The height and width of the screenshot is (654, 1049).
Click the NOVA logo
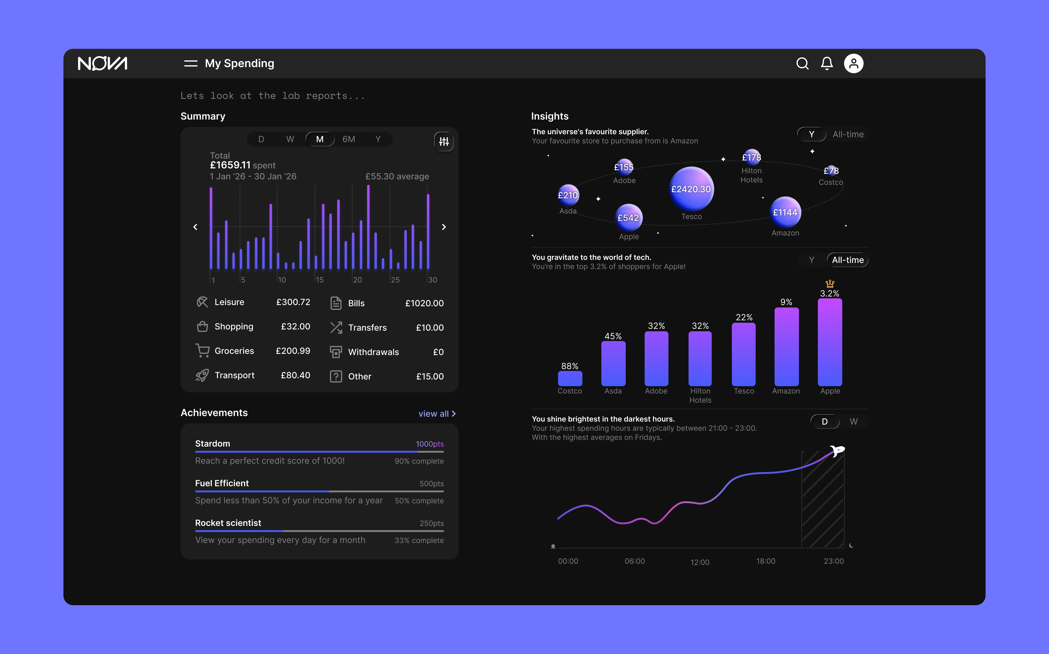(102, 64)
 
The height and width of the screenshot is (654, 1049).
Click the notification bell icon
(827, 64)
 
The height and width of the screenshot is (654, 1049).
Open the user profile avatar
(854, 64)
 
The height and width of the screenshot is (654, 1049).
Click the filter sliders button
(444, 142)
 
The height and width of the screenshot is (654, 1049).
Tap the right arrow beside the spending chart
(444, 227)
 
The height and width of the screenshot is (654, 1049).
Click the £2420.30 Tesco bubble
(691, 189)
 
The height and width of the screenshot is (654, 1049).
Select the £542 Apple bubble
(628, 218)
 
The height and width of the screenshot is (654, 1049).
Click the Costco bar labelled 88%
(570, 378)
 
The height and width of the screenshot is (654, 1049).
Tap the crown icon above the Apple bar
(830, 284)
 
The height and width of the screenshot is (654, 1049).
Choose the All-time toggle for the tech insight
(848, 260)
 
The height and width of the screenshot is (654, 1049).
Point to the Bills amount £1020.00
(424, 303)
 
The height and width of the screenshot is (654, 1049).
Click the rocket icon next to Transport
(202, 375)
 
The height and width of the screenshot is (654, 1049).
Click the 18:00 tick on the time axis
(766, 561)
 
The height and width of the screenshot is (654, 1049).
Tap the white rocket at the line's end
(838, 451)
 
